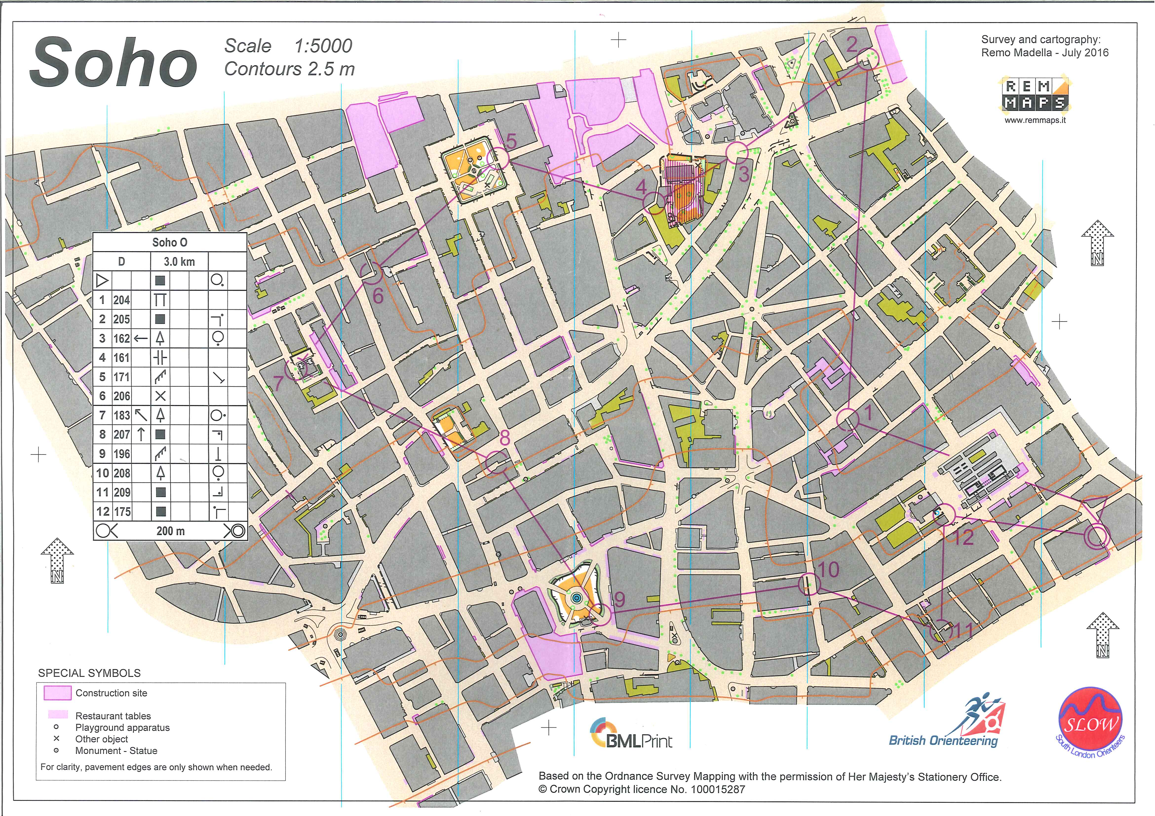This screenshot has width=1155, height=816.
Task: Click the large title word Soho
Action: pyautogui.click(x=113, y=63)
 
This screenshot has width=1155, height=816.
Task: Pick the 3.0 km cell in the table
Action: pyautogui.click(x=179, y=262)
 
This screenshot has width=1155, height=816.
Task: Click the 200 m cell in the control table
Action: pyautogui.click(x=171, y=531)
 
